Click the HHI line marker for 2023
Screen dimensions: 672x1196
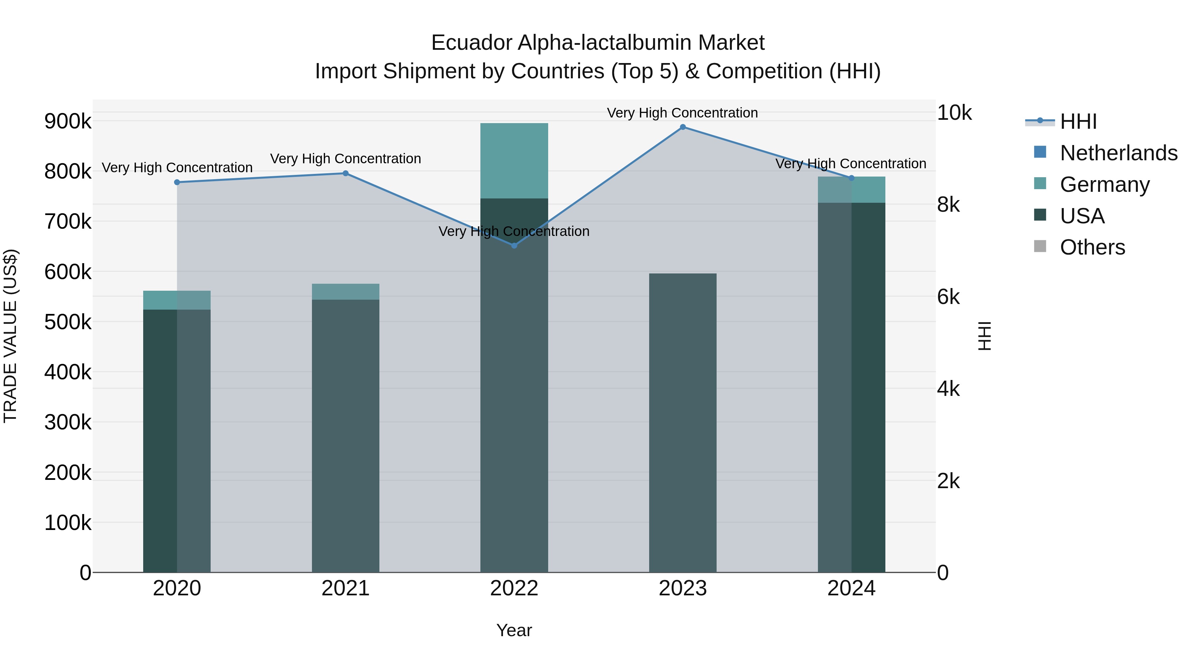682,127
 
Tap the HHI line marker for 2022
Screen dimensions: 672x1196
514,245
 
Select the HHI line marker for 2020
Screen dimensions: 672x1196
177,182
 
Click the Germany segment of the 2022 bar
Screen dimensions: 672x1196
514,161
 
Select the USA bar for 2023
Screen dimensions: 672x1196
682,422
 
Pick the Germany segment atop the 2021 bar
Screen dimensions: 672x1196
346,292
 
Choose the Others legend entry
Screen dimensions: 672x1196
1092,247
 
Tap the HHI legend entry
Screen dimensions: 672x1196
1078,121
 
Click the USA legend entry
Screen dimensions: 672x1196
1082,216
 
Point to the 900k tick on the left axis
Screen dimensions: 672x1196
68,121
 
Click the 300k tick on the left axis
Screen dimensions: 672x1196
68,422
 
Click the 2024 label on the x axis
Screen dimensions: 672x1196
851,588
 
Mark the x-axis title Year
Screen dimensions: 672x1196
514,630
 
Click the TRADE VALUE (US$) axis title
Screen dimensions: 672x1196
10,336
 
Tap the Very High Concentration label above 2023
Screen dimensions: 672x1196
682,113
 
